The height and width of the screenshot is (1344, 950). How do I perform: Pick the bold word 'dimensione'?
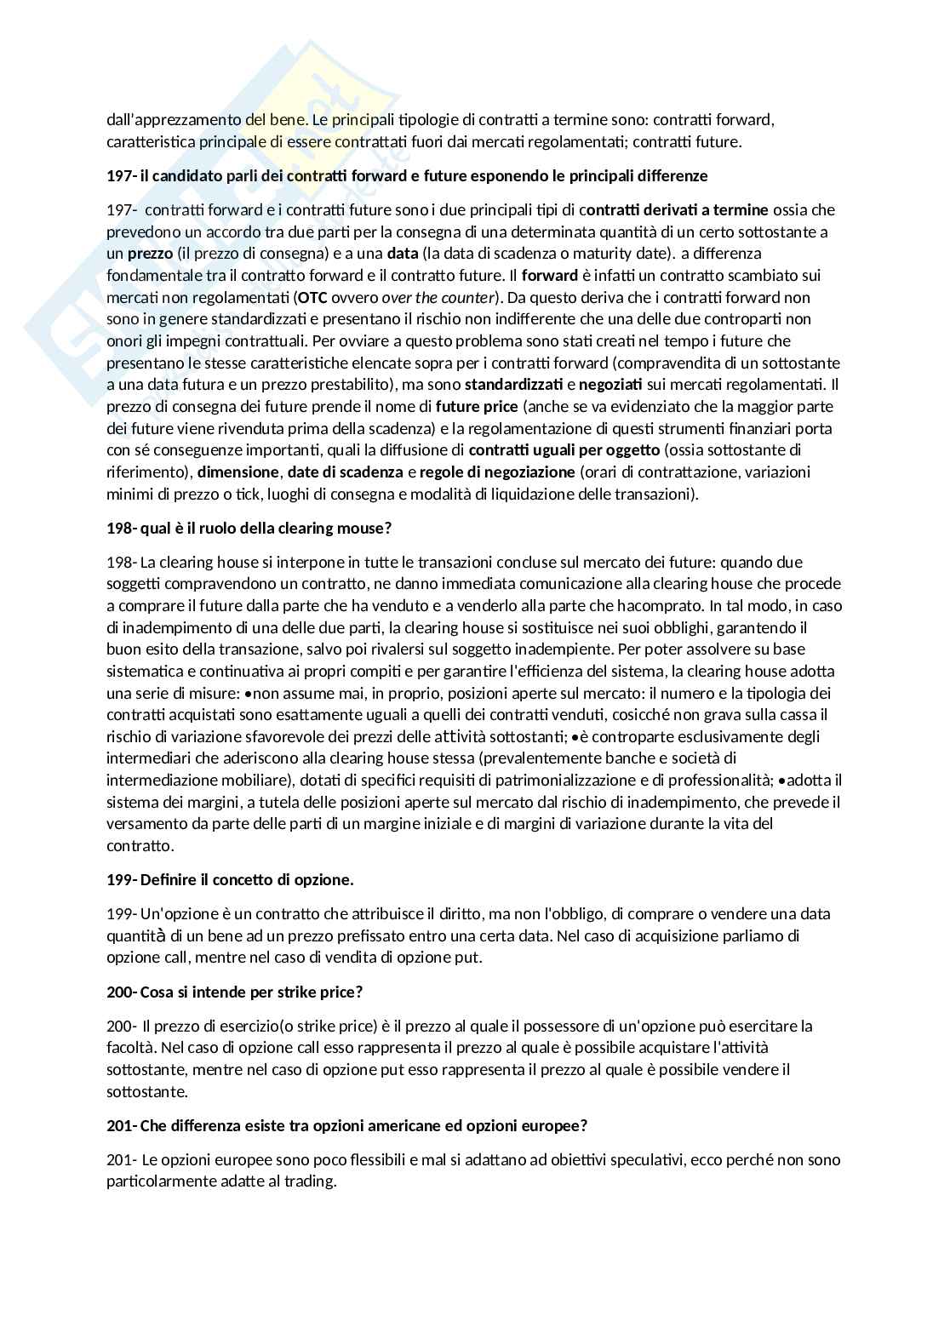click(x=238, y=472)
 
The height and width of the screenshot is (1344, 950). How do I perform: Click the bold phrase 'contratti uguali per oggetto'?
click(x=564, y=449)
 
